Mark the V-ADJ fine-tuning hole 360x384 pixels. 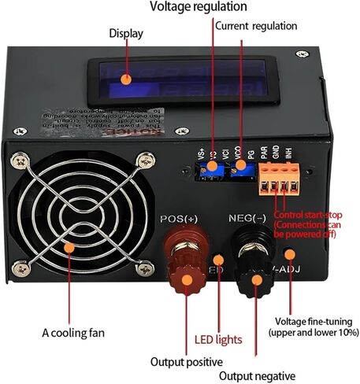pyautogui.click(x=291, y=255)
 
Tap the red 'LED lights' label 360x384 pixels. pyautogui.click(x=218, y=341)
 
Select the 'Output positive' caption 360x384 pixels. pyautogui.click(x=187, y=362)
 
